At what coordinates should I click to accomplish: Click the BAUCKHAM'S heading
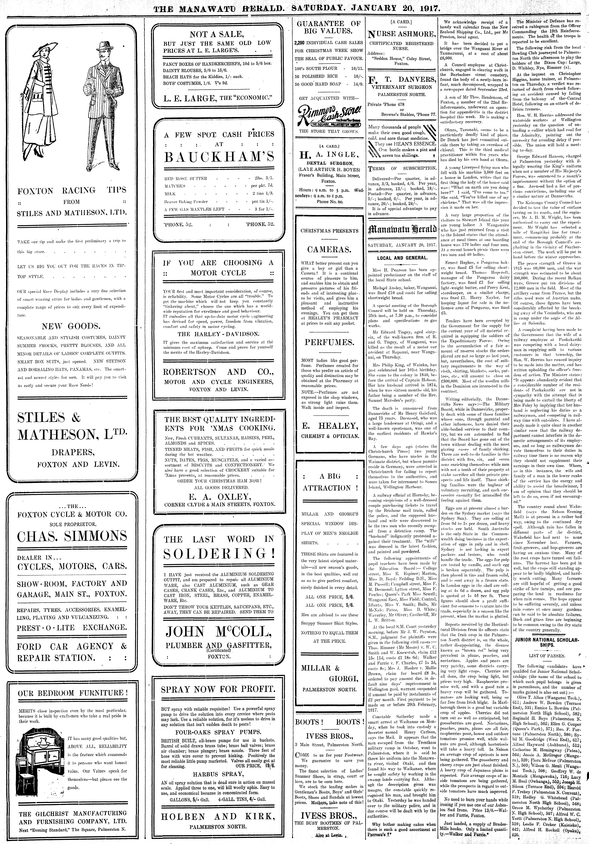click(x=219, y=157)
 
